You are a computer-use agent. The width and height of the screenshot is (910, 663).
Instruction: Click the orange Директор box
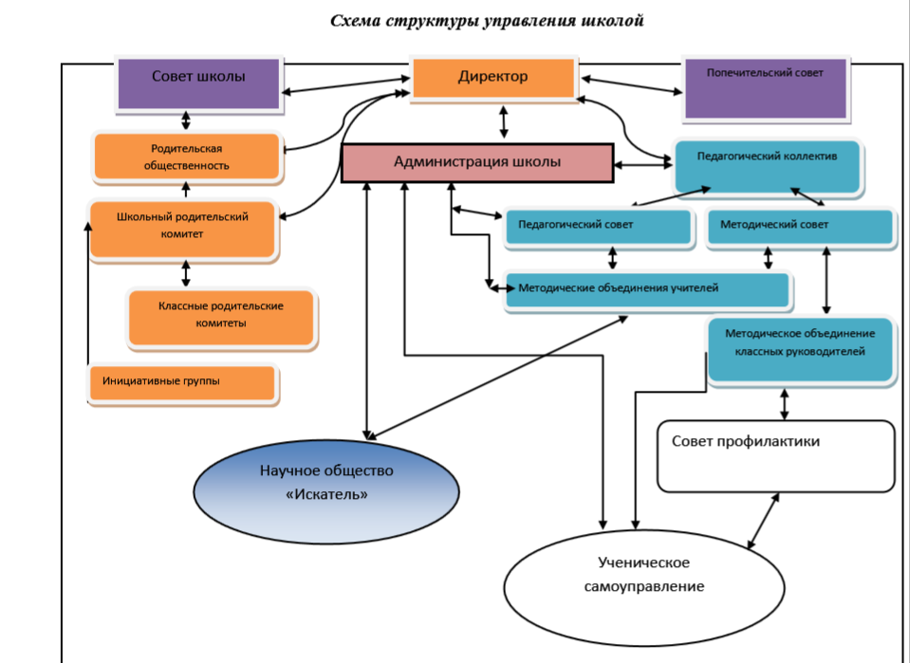click(493, 77)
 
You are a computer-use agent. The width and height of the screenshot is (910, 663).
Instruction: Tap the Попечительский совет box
click(765, 86)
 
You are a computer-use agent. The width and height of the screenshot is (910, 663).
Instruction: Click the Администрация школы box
click(476, 163)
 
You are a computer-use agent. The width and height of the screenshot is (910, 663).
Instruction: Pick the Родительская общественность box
click(187, 157)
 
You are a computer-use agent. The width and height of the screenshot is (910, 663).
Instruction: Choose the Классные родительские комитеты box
click(222, 316)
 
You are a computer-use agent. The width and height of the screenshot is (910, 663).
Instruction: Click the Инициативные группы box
click(182, 382)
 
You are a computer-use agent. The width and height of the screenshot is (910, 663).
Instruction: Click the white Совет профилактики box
click(776, 456)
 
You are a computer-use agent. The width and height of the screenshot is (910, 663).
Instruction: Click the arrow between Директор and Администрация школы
click(504, 120)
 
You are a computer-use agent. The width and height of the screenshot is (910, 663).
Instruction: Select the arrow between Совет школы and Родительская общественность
click(186, 120)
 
